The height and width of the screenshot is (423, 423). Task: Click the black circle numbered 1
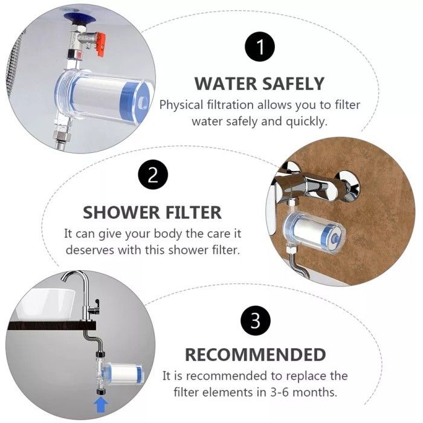coord(259,47)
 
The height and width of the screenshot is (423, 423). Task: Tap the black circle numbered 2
coord(153,175)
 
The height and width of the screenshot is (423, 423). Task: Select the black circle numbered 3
coord(255,320)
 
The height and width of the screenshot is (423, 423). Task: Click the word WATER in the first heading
coord(225,83)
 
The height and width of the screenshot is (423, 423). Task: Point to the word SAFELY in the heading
coord(293,83)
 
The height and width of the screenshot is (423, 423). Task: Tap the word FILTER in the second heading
coord(194,213)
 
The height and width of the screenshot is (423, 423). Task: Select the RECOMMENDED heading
coord(255,355)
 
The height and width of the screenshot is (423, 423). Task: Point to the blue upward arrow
coord(101,405)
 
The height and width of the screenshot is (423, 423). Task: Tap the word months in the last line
coord(315,392)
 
